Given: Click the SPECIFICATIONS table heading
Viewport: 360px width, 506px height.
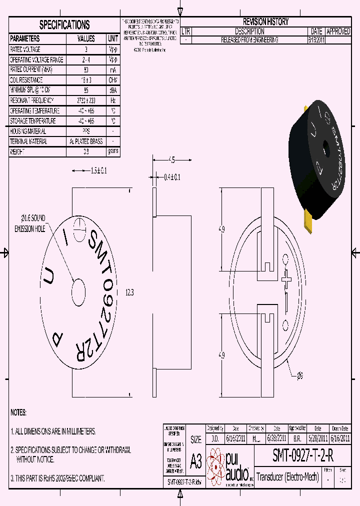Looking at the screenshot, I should click(64, 25).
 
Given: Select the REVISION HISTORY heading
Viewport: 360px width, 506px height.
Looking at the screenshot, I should click(265, 22).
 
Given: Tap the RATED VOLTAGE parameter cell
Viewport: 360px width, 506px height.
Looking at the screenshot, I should click(25, 49).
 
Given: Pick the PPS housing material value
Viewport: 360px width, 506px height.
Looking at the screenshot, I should click(86, 131).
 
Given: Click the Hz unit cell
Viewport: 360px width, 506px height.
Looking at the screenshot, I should click(113, 100).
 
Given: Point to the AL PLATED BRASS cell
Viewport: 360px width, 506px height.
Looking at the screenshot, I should click(86, 141).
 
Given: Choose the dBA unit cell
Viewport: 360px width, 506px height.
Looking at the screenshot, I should click(113, 90).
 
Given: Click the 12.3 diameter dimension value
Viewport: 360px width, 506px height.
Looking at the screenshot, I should click(129, 293).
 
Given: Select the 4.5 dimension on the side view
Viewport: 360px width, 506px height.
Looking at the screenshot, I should click(171, 160).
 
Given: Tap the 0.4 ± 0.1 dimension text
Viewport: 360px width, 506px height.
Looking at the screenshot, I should click(172, 177).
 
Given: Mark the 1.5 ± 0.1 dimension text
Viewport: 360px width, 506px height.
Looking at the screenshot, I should click(98, 170).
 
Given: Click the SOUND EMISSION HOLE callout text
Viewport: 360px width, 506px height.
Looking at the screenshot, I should click(30, 223).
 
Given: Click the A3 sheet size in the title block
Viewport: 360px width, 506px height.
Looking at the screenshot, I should click(196, 461).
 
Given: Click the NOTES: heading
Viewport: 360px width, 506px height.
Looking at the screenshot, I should click(18, 412).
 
